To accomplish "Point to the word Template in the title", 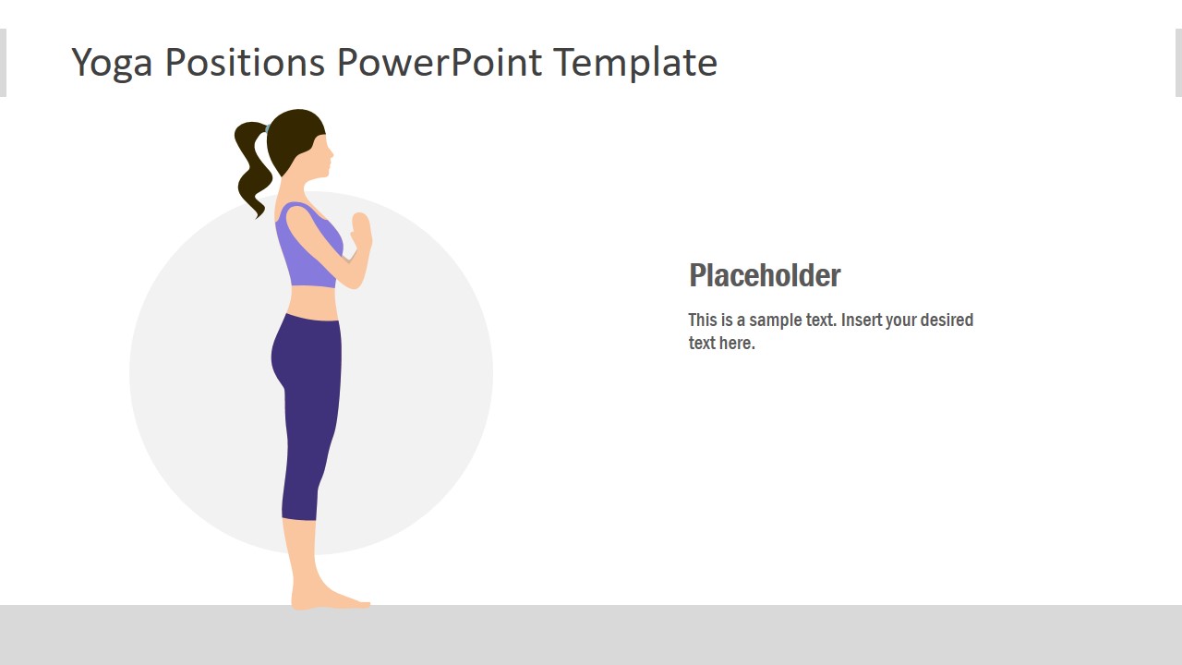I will [x=635, y=63].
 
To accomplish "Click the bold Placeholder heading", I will [x=765, y=275].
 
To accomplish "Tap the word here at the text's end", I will [x=738, y=344].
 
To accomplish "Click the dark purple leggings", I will [x=309, y=406].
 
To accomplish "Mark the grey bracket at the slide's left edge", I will [x=3, y=63].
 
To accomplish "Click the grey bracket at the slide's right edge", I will [x=1178, y=63].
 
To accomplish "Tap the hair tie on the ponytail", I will [x=266, y=128].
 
